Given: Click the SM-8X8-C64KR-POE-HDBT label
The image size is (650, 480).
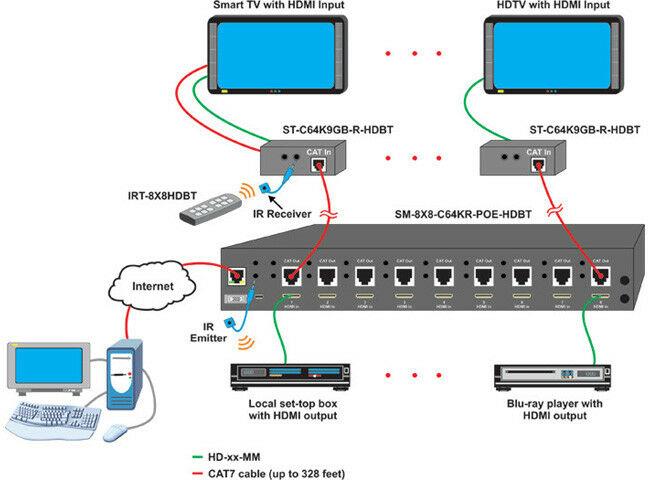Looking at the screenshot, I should [463, 215].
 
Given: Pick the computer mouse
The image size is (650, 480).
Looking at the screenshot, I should [116, 433].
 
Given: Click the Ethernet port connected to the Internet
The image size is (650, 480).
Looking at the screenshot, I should [236, 275].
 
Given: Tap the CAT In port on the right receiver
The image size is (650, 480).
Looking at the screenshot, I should [540, 163].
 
